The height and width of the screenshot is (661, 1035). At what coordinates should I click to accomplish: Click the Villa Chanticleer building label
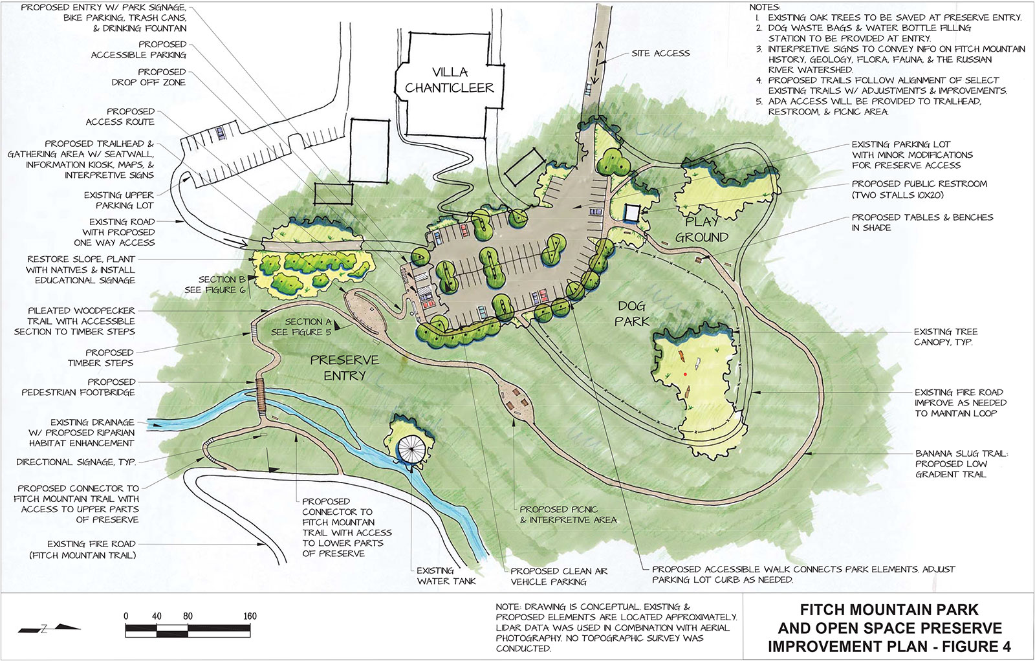click(450, 80)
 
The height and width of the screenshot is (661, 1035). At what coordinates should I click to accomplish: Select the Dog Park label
click(632, 313)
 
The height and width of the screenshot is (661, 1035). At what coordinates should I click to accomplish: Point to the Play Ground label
click(702, 230)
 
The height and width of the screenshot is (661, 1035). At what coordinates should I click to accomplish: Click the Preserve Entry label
click(344, 367)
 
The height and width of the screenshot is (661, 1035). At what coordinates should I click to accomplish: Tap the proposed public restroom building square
click(631, 213)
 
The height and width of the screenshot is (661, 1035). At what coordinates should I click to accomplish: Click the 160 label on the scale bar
click(250, 616)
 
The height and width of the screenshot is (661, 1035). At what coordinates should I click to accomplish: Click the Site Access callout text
click(660, 54)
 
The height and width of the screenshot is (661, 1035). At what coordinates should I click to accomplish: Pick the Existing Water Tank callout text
click(446, 576)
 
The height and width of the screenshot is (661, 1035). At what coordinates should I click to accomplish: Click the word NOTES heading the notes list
click(765, 7)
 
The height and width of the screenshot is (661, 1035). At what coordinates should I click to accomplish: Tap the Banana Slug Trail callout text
click(961, 464)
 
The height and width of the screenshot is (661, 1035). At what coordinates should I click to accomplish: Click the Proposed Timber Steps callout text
click(101, 358)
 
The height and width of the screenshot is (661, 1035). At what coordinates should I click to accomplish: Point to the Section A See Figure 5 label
click(301, 327)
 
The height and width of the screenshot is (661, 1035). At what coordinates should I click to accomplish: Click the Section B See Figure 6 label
click(215, 285)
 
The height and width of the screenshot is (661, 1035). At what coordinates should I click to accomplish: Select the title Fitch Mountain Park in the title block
click(889, 610)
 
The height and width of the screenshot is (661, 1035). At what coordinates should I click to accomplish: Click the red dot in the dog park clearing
click(685, 374)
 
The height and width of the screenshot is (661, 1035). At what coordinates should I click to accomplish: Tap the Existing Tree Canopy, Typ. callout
click(945, 336)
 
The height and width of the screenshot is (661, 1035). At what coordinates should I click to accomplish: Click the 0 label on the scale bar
click(126, 616)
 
